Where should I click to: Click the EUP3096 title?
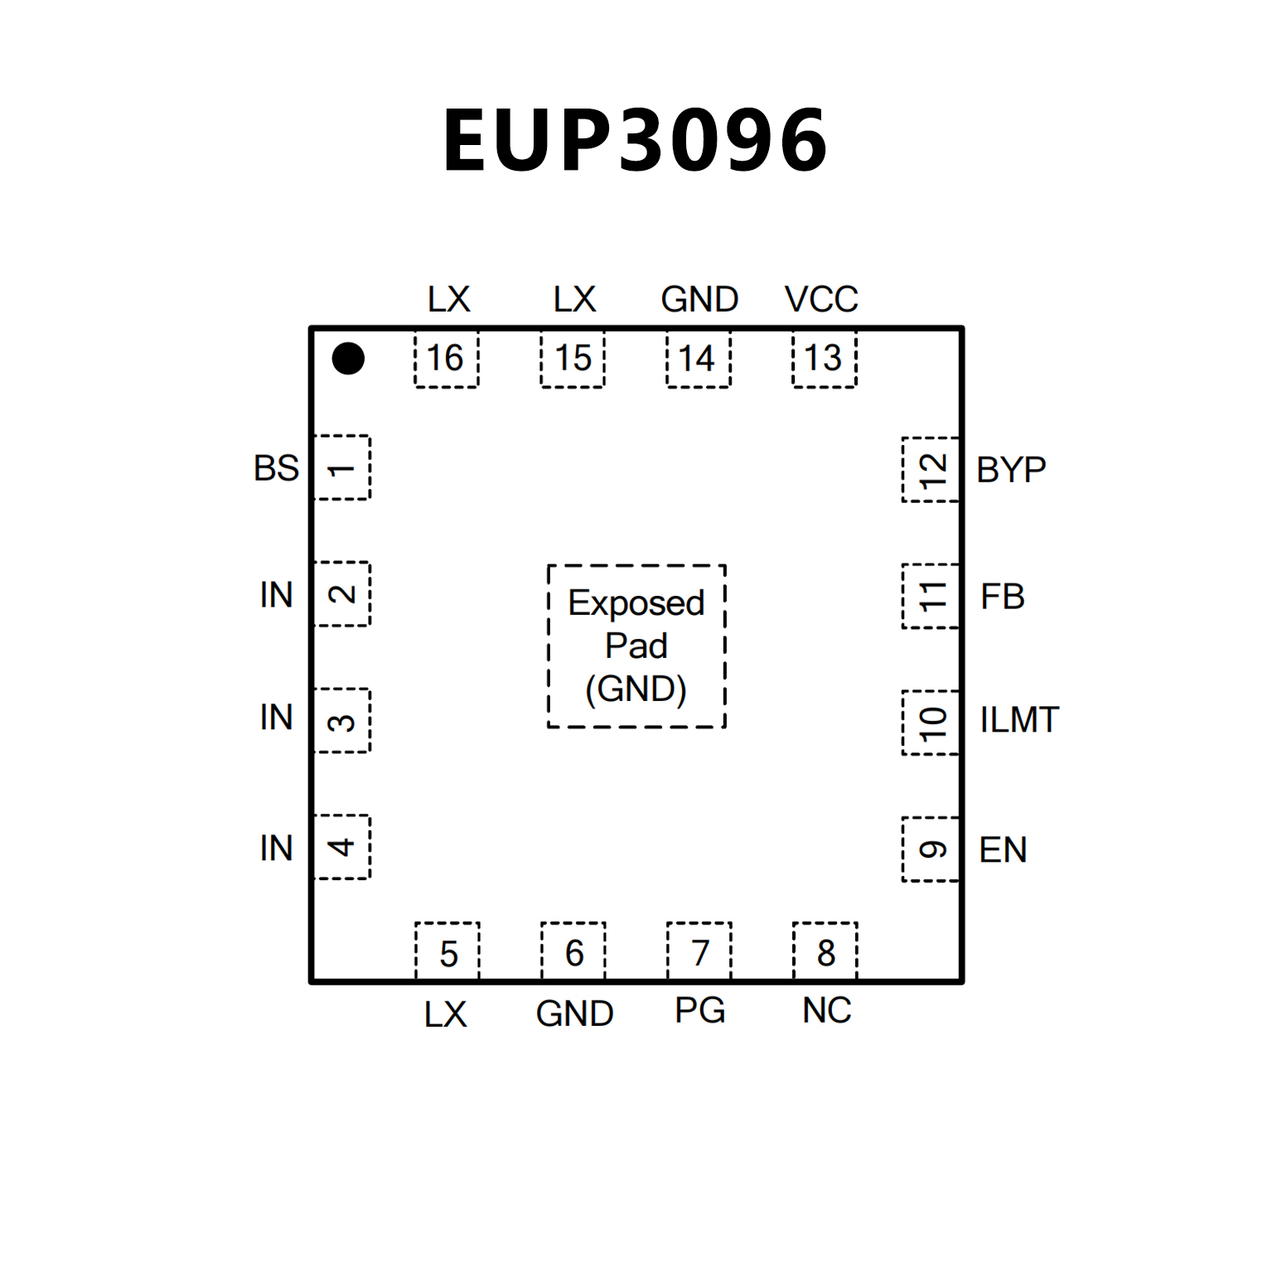tap(636, 141)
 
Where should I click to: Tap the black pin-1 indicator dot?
tap(348, 359)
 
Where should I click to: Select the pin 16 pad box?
tap(447, 359)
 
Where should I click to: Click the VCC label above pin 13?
tap(821, 299)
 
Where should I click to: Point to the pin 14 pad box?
tap(699, 359)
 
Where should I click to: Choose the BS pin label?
tap(276, 468)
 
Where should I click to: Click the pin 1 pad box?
tap(342, 468)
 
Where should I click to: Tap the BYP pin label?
tap(1011, 470)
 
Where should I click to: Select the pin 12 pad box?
tap(931, 470)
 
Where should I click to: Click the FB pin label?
tap(1003, 597)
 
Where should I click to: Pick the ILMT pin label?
tap(1019, 720)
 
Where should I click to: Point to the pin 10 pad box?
tap(931, 723)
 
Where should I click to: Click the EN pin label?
tap(1003, 850)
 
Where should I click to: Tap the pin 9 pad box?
tap(931, 850)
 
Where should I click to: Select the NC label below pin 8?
tap(826, 1011)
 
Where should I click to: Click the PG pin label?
tap(700, 1011)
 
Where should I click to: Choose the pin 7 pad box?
tap(699, 952)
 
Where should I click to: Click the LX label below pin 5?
tap(446, 1014)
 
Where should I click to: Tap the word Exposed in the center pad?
tap(636, 603)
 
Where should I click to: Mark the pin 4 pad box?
tap(342, 847)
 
